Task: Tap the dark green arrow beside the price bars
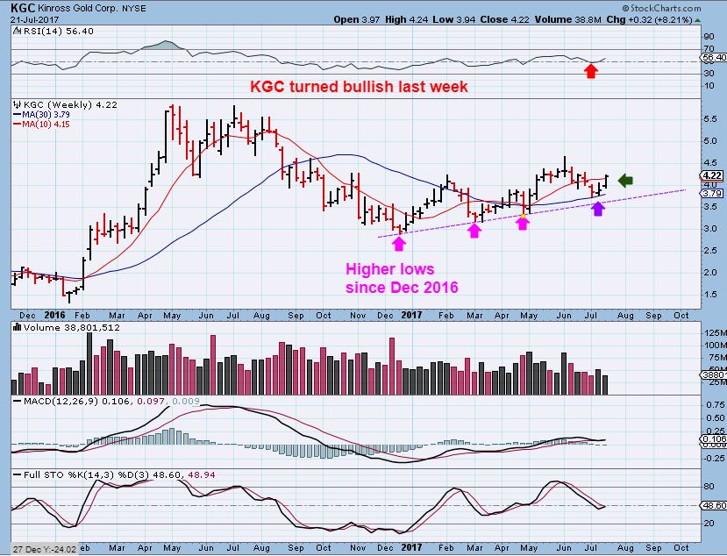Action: [625, 181]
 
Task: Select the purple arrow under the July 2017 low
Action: [598, 209]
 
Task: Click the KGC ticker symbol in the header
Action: [18, 7]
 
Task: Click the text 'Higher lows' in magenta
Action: [389, 269]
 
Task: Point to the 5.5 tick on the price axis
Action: [709, 118]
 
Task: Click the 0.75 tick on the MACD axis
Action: [711, 406]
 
